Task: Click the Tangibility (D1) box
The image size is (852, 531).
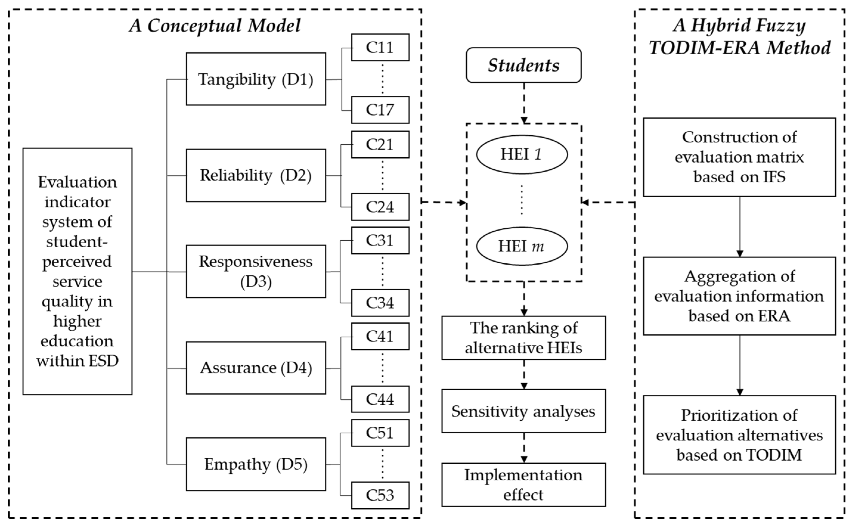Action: [x=256, y=79]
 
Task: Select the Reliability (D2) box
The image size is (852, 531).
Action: [x=256, y=175]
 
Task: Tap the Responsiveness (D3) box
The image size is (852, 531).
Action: [x=256, y=271]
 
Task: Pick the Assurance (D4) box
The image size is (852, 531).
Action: [x=256, y=368]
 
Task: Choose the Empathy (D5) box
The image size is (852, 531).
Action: [x=256, y=464]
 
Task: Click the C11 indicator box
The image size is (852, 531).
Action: [x=380, y=47]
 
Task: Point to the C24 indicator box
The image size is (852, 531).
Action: [x=380, y=207]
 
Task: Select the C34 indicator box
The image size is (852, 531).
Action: [x=380, y=303]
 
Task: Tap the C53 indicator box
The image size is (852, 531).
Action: [x=380, y=495]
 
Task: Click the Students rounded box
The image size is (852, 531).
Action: [x=523, y=65]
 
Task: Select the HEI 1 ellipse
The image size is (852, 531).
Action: [x=522, y=155]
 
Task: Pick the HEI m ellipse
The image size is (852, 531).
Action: [x=522, y=246]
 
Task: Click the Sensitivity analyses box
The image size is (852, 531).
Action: [x=523, y=411]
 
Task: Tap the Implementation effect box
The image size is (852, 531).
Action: [x=523, y=485]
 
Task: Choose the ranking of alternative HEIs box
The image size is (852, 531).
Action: [x=523, y=338]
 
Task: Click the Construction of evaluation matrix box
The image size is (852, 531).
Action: [x=739, y=157]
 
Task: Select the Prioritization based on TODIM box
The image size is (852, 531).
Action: [x=739, y=435]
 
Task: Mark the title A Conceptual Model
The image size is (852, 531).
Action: [x=215, y=26]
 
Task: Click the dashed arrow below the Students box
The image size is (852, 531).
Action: [x=524, y=103]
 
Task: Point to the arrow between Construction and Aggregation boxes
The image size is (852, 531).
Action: [x=740, y=226]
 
